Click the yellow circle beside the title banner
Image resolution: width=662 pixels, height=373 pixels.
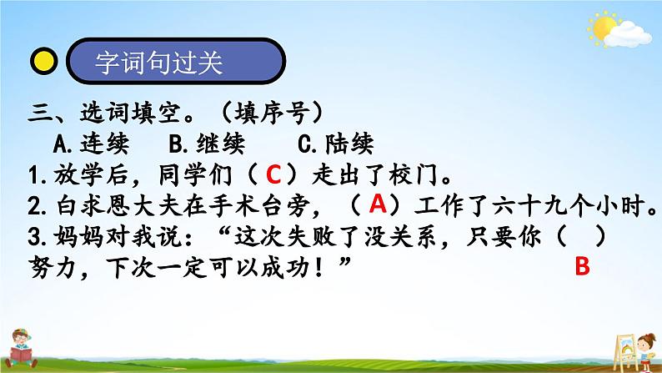44,61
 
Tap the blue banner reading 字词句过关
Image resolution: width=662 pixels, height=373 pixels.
176,61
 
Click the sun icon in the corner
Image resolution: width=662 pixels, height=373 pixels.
604,28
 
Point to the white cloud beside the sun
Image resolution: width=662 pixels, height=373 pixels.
628,35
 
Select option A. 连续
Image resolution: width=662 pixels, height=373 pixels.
91,144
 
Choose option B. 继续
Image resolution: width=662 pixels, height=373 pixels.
207,144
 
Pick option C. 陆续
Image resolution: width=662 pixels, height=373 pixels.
336,144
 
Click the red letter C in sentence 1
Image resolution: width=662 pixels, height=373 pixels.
273,174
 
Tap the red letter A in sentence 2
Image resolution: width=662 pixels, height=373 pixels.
378,204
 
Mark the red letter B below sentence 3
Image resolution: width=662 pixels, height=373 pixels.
582,266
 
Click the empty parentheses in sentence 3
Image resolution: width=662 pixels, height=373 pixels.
581,237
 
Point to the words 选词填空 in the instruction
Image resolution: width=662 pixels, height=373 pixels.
130,113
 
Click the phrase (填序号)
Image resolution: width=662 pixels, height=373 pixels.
272,113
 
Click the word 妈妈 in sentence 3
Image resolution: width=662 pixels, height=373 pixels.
78,237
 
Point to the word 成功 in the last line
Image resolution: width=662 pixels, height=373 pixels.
285,267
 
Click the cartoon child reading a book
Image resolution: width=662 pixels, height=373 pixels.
22,349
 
